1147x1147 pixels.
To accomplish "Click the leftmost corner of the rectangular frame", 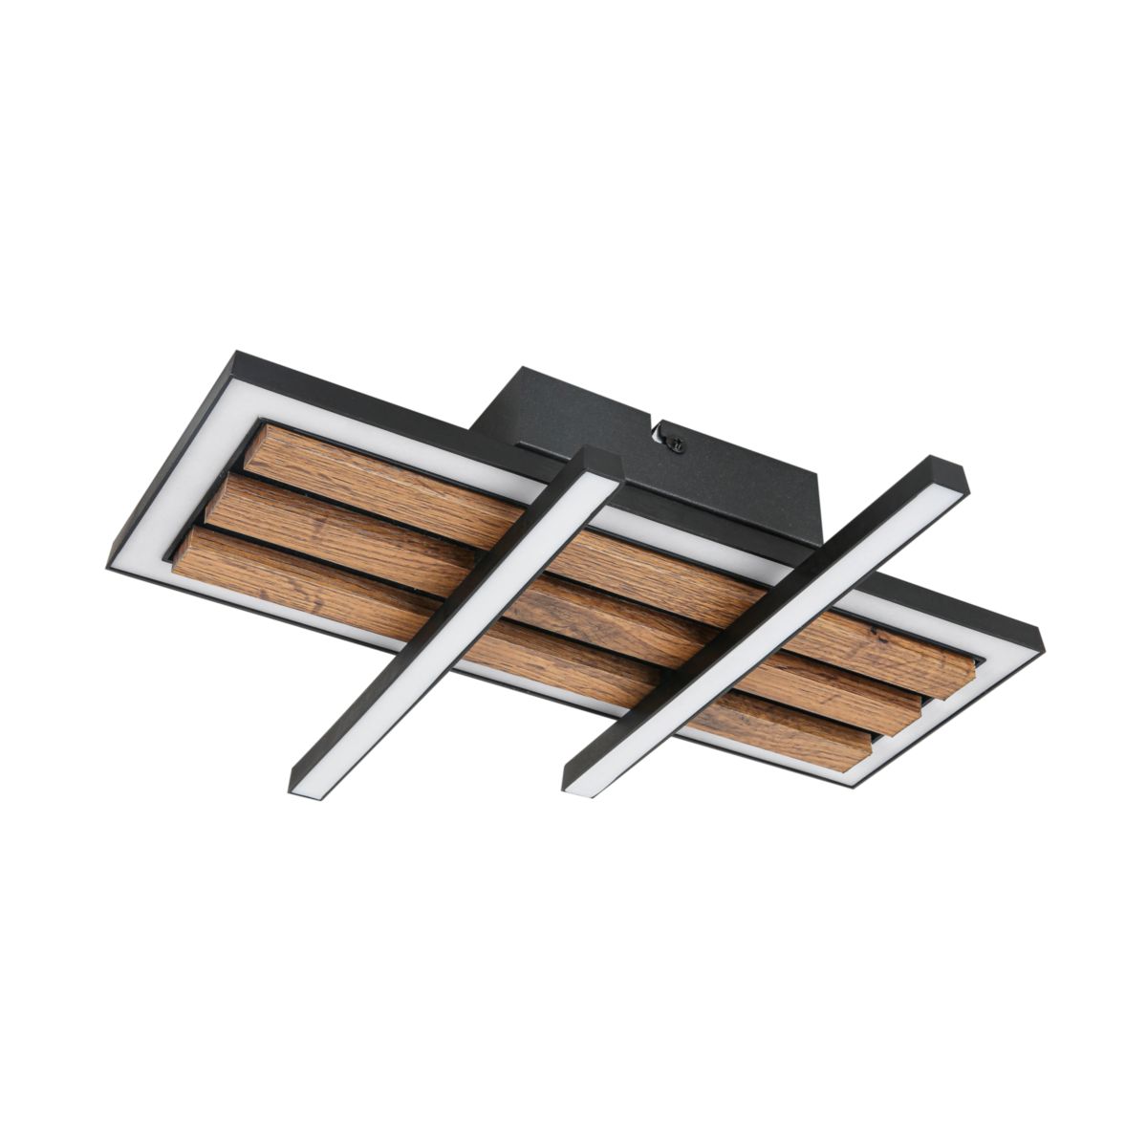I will coord(110,567).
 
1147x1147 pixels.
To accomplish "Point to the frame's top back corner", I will coord(235,356).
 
